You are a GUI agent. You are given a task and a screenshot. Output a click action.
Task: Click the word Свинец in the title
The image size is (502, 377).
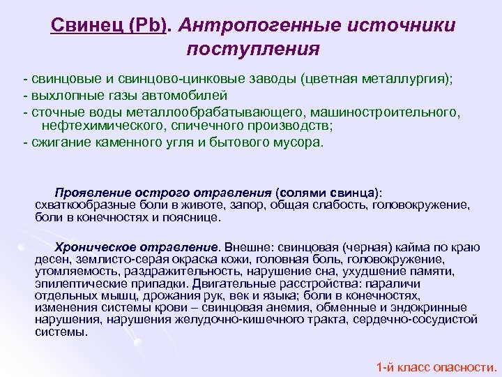tap(79, 26)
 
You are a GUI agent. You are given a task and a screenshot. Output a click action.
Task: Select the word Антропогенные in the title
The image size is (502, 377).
tap(254, 26)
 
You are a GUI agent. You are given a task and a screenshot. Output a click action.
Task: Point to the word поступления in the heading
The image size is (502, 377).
tap(253, 50)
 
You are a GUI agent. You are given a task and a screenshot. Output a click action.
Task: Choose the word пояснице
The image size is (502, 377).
tap(195, 217)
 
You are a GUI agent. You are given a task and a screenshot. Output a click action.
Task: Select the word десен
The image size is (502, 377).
tap(50, 259)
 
